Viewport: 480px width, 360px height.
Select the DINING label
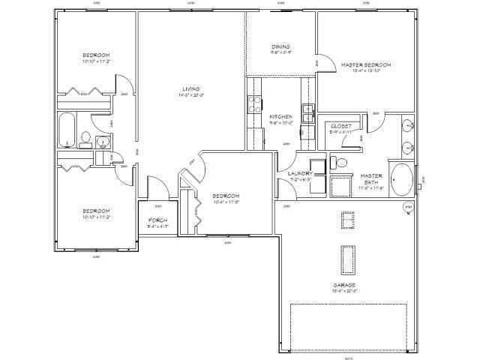(x=280, y=47)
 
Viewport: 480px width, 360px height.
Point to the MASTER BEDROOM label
(x=366, y=65)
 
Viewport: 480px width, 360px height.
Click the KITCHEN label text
(x=280, y=117)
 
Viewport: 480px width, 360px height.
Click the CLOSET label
(x=340, y=126)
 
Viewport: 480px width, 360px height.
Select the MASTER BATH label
(x=372, y=178)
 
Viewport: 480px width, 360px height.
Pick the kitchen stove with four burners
(x=255, y=106)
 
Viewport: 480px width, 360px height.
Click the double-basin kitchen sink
(x=308, y=113)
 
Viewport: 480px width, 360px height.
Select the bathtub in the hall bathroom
(x=67, y=130)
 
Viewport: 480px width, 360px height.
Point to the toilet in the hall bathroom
(x=86, y=138)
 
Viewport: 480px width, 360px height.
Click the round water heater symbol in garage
(x=409, y=206)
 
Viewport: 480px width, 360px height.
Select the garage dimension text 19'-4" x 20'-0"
(x=344, y=291)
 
